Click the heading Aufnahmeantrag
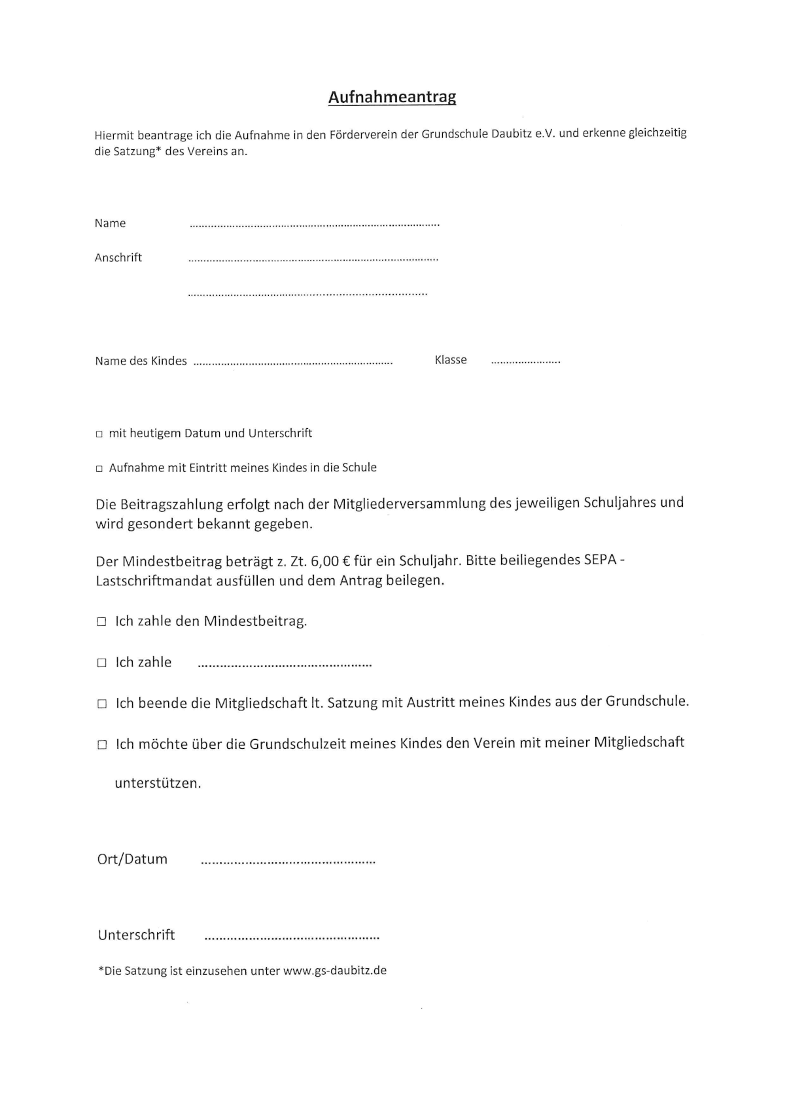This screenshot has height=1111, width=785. tap(392, 97)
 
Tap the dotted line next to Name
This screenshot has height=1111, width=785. tap(314, 225)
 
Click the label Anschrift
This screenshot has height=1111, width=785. tap(118, 258)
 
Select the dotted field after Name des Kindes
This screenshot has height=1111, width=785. tap(293, 362)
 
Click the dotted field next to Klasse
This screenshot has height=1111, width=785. tap(525, 361)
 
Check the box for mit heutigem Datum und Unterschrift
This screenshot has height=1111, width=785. tap(99, 434)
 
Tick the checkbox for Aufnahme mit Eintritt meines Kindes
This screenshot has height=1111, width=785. tap(99, 469)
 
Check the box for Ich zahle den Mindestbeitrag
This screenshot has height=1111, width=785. tap(101, 622)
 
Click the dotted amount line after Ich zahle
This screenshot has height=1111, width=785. tap(285, 665)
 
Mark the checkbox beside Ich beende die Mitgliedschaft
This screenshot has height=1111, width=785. tap(101, 704)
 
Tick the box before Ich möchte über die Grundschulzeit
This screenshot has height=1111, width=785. tap(101, 745)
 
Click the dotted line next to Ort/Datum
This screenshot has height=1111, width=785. tap(288, 862)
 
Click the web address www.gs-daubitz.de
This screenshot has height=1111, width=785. tap(334, 971)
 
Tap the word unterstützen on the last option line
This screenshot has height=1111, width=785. tap(158, 784)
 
